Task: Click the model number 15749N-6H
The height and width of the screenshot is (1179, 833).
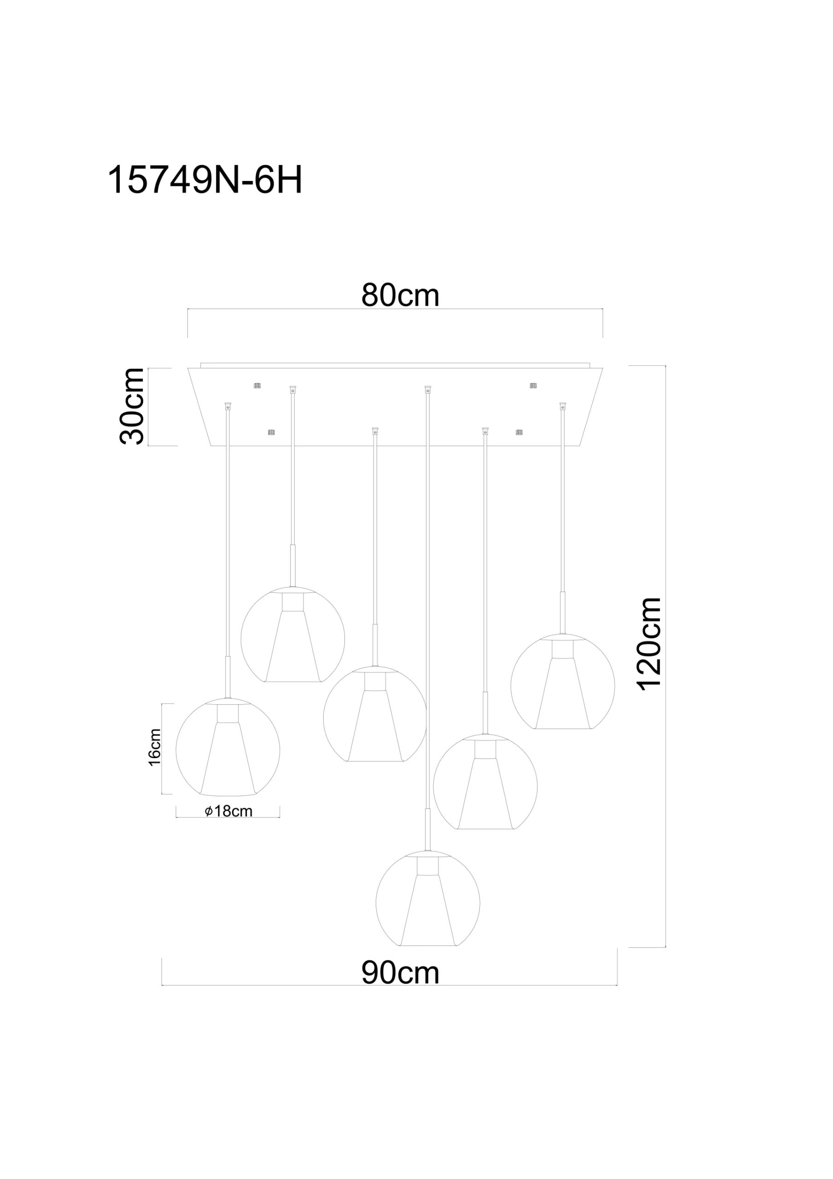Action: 204,180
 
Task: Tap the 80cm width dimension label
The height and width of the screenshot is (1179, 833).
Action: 400,295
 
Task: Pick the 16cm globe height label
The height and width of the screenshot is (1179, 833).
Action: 155,747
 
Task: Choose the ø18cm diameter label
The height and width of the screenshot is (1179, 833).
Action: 228,811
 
